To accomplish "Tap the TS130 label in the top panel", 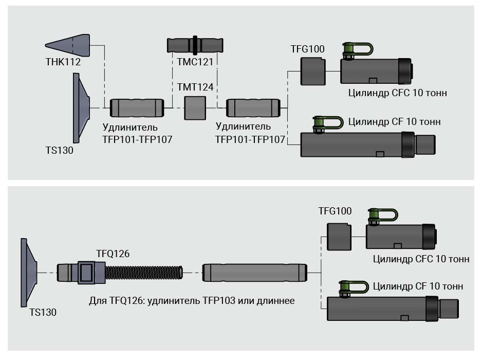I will tap(59, 151).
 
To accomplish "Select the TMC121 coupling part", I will tap(196, 45).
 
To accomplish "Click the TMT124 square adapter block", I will tap(195, 108).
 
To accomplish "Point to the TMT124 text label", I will tap(195, 87).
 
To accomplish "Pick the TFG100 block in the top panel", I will tap(313, 71).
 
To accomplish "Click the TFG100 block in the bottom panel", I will tap(340, 237).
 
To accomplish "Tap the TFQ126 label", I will tap(113, 254).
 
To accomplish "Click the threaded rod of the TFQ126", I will tap(144, 273).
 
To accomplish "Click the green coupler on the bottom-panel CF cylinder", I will tap(354, 288).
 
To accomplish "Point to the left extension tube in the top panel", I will tap(137, 108).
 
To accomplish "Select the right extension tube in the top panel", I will tap(253, 108).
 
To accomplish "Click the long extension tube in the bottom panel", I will tap(255, 273).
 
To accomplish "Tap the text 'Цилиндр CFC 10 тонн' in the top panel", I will tap(397, 93).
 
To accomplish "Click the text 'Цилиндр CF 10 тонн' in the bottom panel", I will tap(418, 286).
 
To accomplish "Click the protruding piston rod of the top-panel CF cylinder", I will tap(425, 145).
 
